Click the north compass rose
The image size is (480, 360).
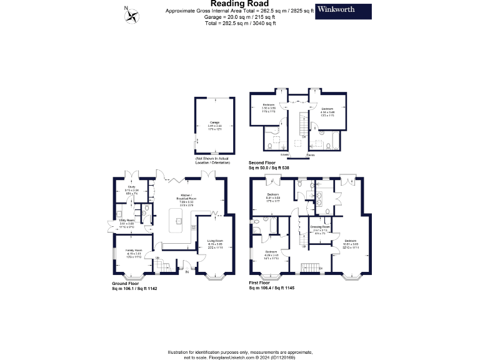(132, 15)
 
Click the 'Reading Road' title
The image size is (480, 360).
(239, 4)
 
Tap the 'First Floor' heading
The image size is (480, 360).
(262, 283)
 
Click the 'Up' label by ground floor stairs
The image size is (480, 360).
(157, 257)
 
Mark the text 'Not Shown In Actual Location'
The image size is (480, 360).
(213, 159)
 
